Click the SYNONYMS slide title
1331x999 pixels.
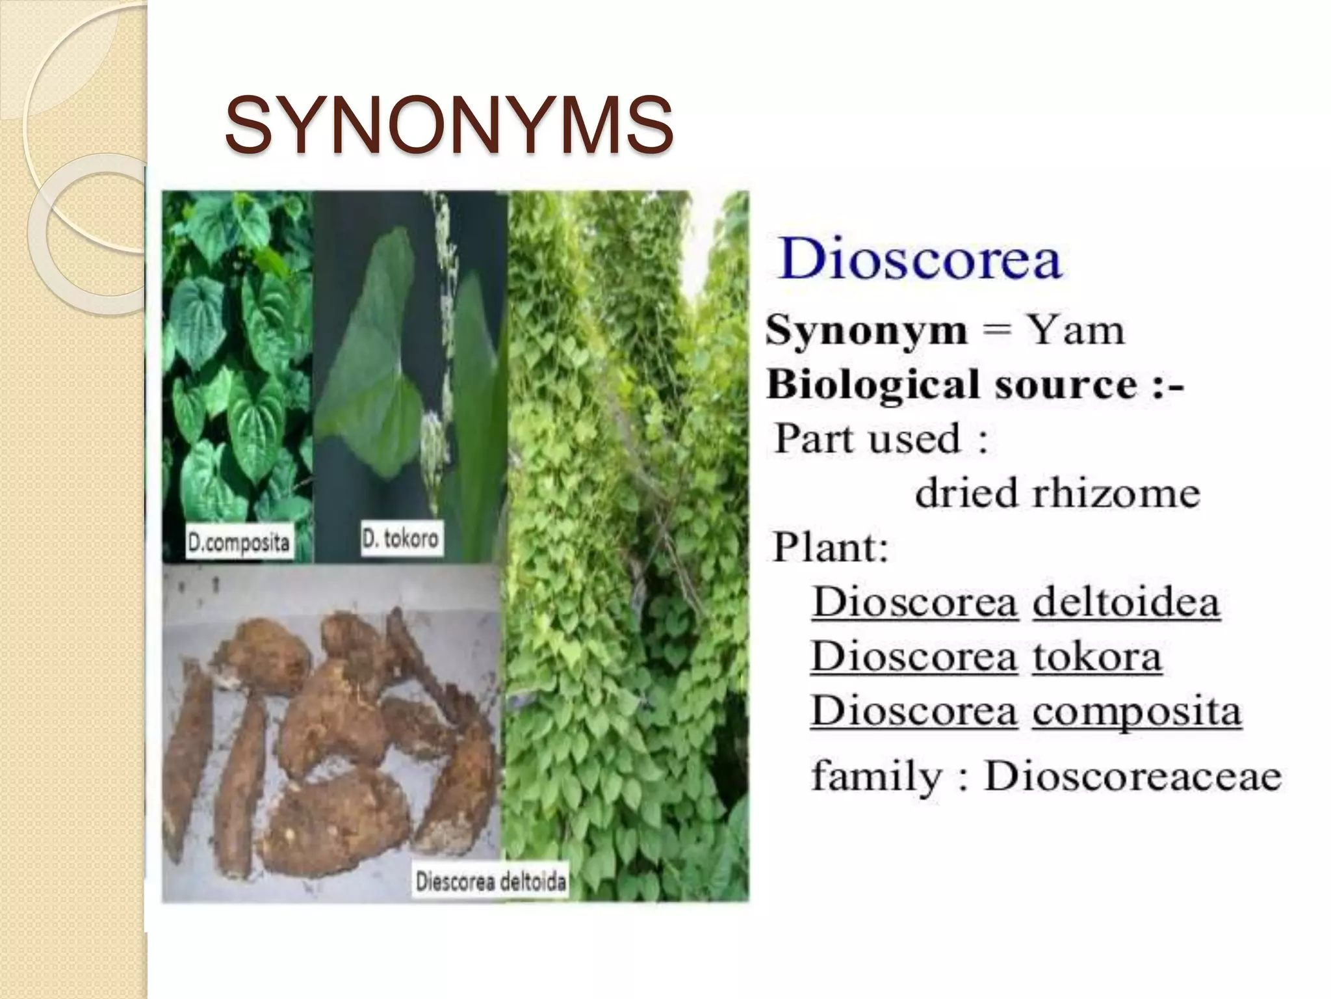[448, 125]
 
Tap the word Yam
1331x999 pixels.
[1075, 330]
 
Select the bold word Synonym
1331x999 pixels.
[866, 332]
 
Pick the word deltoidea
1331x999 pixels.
[1126, 602]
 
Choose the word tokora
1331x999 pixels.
[1096, 656]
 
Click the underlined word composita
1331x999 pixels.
[1137, 712]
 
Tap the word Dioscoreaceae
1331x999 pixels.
[1133, 776]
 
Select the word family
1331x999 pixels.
[877, 777]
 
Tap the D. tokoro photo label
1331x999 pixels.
[401, 539]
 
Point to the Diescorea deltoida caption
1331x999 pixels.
[491, 882]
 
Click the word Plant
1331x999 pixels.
[830, 548]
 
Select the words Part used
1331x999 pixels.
[868, 438]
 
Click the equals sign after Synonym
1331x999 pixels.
[996, 331]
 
